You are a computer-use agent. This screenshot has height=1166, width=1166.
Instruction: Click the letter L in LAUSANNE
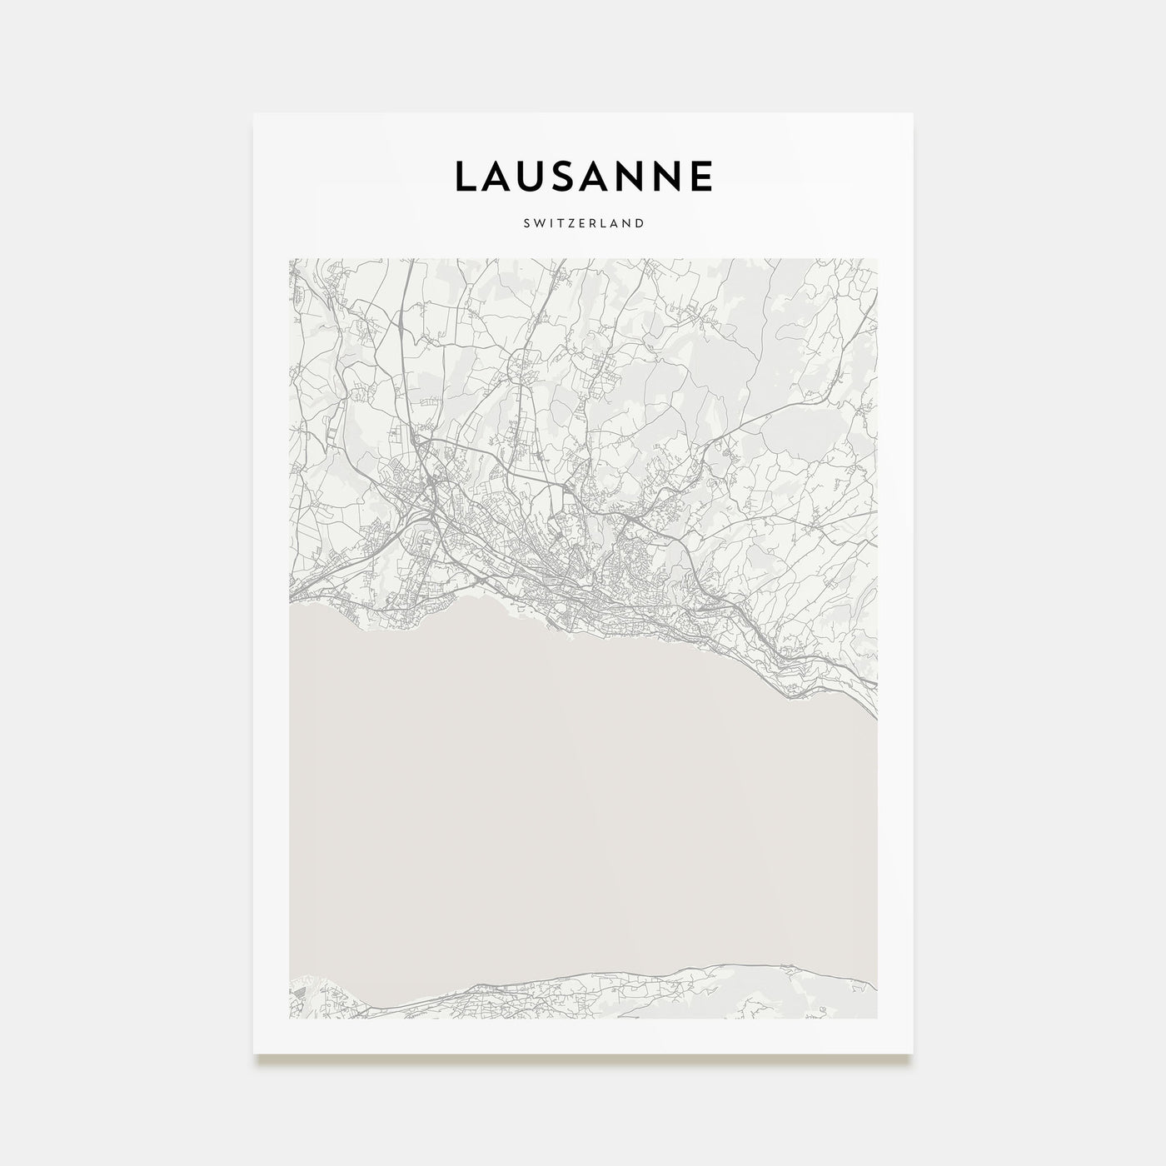(x=465, y=177)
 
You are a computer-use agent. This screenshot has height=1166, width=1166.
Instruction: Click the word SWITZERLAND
(x=583, y=223)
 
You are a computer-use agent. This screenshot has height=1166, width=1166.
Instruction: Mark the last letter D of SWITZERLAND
(x=640, y=223)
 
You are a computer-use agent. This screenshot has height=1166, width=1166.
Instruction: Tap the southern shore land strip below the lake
(x=666, y=995)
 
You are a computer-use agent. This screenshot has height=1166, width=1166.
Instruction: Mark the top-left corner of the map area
(x=289, y=259)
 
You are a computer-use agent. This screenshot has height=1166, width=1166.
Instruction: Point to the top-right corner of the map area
(x=877, y=259)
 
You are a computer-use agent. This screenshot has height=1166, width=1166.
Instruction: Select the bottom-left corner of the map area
(x=289, y=1018)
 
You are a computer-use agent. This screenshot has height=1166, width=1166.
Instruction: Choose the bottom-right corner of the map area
(x=877, y=1018)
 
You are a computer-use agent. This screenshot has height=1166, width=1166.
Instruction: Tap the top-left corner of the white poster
(x=254, y=114)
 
